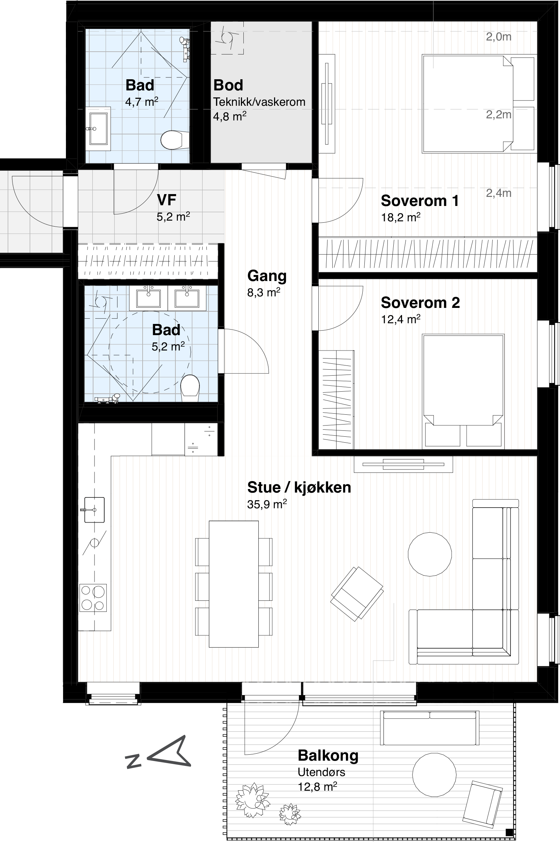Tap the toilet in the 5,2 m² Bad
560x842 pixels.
tap(190, 388)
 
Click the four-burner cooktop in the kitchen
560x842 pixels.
tap(93, 598)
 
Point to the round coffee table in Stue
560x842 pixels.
tap(430, 554)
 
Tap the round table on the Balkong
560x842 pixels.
tap(434, 774)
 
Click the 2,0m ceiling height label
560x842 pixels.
tap(499, 36)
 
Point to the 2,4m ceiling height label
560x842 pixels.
tap(499, 193)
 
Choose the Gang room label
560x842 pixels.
tap(267, 276)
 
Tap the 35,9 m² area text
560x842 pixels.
tap(267, 504)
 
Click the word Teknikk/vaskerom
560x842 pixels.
tap(259, 102)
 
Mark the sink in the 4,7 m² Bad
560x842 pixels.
tap(98, 128)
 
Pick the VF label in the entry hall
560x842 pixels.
tap(166, 200)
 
